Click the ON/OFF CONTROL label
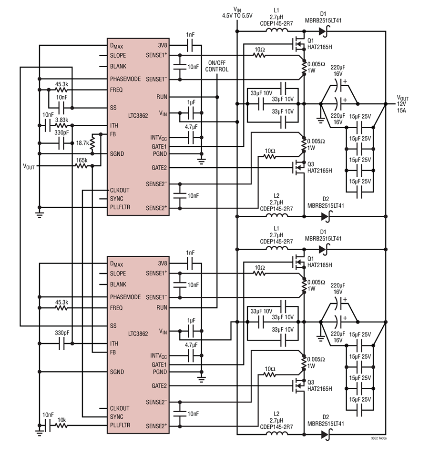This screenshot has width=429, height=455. [x=216, y=66]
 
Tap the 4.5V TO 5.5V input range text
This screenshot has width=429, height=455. [x=237, y=16]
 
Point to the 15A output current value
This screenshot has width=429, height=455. [x=401, y=110]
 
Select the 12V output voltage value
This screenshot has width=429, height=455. [x=401, y=104]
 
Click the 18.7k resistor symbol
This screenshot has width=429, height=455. [x=92, y=143]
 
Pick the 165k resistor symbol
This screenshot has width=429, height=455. [x=82, y=166]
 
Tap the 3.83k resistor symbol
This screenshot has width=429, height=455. [x=61, y=126]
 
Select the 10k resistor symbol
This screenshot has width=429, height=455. [x=61, y=425]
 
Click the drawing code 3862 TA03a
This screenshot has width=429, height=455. [x=378, y=438]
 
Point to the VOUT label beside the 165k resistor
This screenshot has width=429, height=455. [x=29, y=167]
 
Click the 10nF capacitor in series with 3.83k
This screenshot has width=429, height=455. [x=48, y=126]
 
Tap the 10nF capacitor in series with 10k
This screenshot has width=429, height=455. [x=48, y=425]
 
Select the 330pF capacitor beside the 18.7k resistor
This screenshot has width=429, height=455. [x=61, y=143]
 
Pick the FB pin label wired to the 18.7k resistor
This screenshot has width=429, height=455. [x=113, y=134]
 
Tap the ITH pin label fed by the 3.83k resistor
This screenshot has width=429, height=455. [x=114, y=126]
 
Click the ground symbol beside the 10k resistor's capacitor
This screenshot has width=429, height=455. [x=39, y=432]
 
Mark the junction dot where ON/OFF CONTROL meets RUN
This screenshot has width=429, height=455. [x=217, y=97]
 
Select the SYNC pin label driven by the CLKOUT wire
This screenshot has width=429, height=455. [x=117, y=417]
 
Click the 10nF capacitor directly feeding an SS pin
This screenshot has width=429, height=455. [x=61, y=108]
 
